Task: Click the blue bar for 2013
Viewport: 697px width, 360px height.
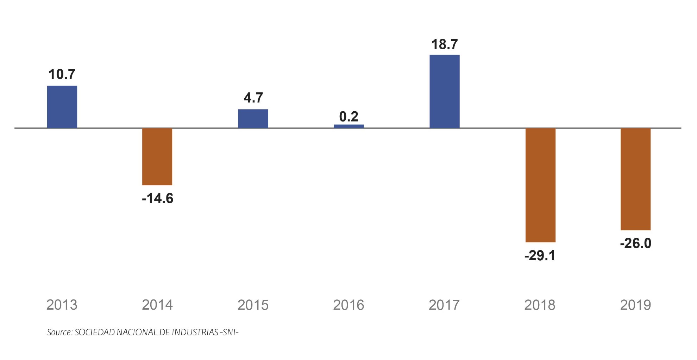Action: [62, 107]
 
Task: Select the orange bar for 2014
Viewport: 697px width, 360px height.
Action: [157, 156]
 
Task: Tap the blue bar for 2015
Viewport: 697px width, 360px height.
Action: [253, 119]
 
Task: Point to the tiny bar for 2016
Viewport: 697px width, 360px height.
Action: [348, 126]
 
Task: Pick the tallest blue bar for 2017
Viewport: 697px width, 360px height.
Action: [444, 91]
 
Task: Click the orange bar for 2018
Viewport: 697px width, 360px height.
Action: [540, 185]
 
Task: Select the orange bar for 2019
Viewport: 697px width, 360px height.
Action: [635, 179]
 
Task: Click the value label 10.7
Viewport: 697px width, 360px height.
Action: [62, 74]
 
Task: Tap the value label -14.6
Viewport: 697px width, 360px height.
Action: [157, 199]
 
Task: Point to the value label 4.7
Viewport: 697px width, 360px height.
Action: [253, 98]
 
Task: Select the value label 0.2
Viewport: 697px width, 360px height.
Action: [348, 117]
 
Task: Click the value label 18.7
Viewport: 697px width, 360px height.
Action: [444, 44]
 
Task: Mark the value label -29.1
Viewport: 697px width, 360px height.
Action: [540, 256]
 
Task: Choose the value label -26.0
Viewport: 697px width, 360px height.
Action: [635, 243]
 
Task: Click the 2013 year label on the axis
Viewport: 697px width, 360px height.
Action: [62, 305]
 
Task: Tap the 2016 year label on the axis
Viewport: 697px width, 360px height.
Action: [348, 305]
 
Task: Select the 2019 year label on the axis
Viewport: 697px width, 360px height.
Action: [635, 305]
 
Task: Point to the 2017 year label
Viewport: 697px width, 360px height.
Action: [444, 305]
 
